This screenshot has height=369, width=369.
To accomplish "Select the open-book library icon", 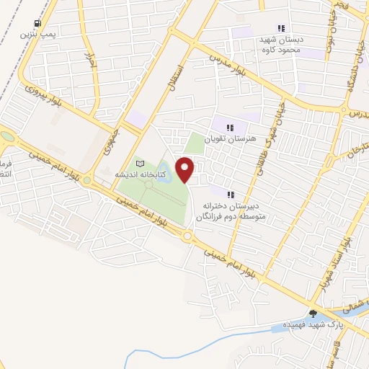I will click(x=141, y=165).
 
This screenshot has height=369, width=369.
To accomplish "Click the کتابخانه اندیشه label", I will click(x=141, y=175).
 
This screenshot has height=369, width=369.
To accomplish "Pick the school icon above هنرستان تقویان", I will click(x=231, y=128).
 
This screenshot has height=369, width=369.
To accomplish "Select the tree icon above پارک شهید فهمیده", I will click(x=313, y=313).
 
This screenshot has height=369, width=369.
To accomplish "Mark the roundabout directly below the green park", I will click(x=187, y=236).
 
